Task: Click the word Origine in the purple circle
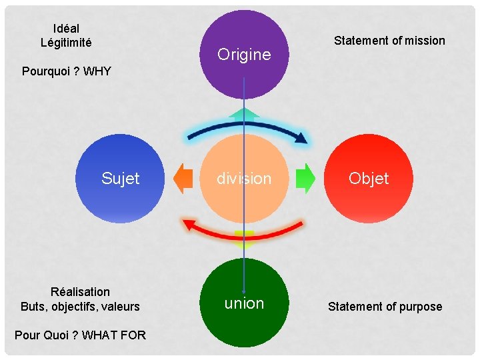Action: tap(244, 55)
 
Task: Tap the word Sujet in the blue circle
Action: tap(121, 179)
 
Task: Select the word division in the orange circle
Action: tap(244, 179)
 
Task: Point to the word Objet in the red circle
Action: tap(369, 179)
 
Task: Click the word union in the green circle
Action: tap(244, 303)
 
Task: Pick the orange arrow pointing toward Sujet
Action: tap(182, 179)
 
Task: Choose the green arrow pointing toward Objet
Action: tap(305, 179)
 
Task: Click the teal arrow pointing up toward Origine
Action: tap(244, 115)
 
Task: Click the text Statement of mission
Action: tap(389, 41)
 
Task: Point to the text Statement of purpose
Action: tap(385, 307)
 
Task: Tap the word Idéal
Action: tap(66, 29)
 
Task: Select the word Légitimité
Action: tap(66, 43)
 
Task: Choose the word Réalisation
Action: tap(80, 292)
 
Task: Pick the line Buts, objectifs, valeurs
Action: tap(80, 307)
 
